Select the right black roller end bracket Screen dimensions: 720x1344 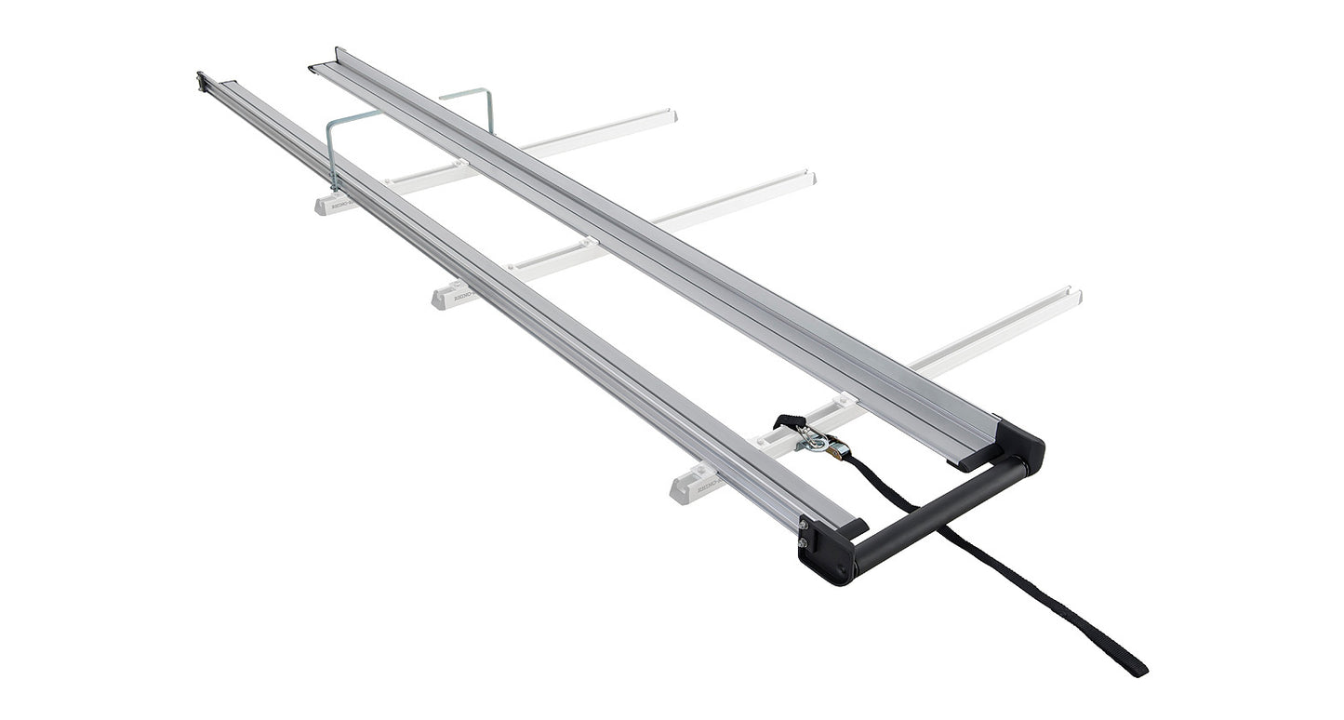coord(1022,446)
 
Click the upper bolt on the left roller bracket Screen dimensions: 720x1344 coord(802,527)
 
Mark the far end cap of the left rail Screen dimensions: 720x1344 coord(202,81)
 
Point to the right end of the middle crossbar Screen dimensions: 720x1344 coord(810,177)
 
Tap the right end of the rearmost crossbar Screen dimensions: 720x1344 coord(672,115)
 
